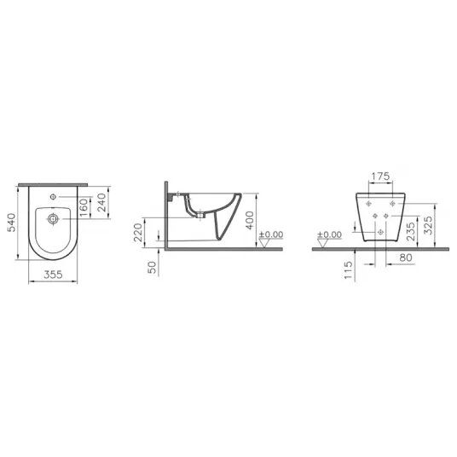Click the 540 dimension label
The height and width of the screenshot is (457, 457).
(x=11, y=223)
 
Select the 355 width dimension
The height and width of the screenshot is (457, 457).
(x=53, y=275)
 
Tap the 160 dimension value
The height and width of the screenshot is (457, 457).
(x=84, y=207)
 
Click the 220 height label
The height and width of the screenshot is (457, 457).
(x=138, y=232)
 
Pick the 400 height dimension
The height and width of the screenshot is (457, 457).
(x=250, y=220)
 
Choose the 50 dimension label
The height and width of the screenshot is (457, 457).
(x=152, y=267)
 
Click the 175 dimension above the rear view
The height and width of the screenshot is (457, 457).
(x=380, y=176)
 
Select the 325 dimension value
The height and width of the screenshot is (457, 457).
(x=428, y=225)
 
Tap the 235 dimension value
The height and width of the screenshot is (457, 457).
(x=410, y=231)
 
